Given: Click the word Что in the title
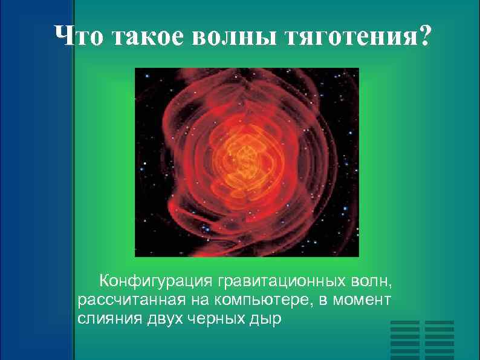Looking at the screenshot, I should tap(78, 37).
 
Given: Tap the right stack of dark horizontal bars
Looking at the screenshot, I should tap(439, 339).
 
